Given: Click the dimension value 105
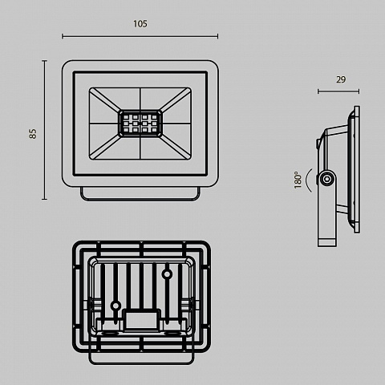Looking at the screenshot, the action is pos(140,24).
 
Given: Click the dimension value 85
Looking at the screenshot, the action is pos(32,134).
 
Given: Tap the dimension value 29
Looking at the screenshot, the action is pos(341,79).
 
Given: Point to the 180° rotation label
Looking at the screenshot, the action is pos(298,180).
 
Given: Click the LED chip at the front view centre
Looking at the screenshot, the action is pos(140,124).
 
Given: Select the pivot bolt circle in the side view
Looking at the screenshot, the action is pos(326,179).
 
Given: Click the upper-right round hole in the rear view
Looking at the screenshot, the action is pos(167,274).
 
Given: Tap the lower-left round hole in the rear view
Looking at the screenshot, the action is pos(115,306).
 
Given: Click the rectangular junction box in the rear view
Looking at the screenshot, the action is pos(142,320).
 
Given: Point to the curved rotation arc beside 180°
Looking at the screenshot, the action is pos(309,180).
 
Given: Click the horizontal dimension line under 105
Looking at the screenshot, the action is pos(140,36).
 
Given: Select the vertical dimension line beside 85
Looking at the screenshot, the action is pos(44,130).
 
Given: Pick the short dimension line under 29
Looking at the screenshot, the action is pos(338,91).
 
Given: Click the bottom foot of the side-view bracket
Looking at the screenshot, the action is pos(327,242).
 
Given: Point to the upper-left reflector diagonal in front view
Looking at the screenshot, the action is pos(105,100).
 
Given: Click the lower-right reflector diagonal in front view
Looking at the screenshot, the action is pos(176,147).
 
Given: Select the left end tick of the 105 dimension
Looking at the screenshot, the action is pos(63,36).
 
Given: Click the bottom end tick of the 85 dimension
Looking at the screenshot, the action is pos(44,199).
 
